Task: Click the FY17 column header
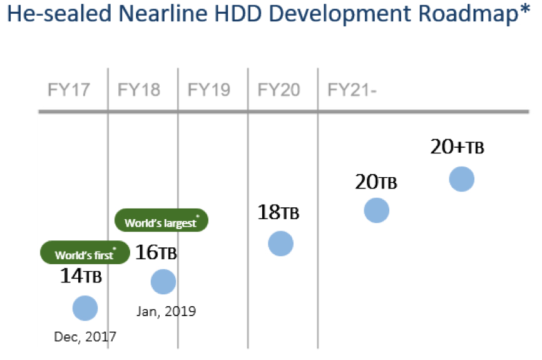(69, 90)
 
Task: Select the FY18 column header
(139, 90)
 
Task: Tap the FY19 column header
(209, 90)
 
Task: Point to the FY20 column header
(279, 90)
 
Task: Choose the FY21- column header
(352, 90)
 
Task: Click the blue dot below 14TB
(85, 308)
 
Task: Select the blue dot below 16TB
(163, 282)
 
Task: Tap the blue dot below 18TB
(280, 244)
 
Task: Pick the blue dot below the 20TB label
(376, 210)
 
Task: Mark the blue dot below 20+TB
(461, 179)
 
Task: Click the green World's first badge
(85, 252)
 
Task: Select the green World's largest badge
(161, 220)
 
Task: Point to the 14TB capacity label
(81, 276)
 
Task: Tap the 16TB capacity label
(156, 252)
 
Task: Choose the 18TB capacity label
(279, 212)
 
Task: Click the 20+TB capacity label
(457, 147)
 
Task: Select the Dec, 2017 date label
(85, 336)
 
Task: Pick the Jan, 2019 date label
(166, 311)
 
